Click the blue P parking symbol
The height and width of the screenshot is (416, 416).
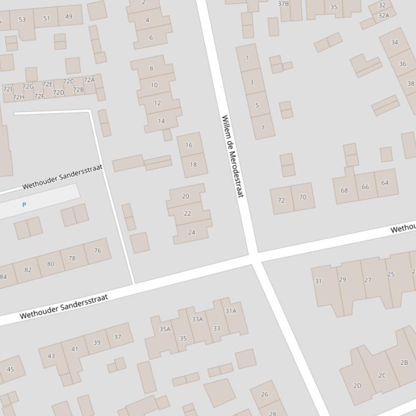24,205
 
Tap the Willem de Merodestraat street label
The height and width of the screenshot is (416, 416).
233,156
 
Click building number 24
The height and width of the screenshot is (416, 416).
192,232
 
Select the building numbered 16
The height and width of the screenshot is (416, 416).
189,145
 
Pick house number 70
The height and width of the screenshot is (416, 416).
302,197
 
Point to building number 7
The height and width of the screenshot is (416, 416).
263,128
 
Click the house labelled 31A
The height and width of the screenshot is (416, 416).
231,311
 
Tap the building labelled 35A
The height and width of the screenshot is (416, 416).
164,329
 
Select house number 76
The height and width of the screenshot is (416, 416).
97,250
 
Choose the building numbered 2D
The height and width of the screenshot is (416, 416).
357,385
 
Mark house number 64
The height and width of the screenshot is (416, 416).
385,183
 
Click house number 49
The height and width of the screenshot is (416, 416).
69,17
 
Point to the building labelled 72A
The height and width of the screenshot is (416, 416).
89,80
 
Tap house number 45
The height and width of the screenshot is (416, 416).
10,370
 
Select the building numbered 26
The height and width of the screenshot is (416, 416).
265,394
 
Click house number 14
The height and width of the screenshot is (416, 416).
161,121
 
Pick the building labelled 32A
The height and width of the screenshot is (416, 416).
383,16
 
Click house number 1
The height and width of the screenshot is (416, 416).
247,58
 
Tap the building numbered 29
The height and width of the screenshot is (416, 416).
342,279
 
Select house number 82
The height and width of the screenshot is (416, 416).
28,270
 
